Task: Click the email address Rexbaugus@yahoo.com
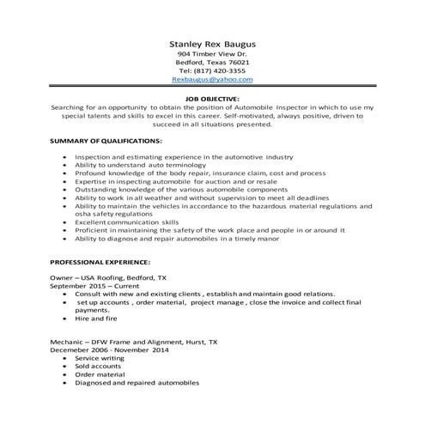click(212, 79)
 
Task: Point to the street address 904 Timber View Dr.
click(212, 54)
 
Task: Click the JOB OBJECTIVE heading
click(212, 99)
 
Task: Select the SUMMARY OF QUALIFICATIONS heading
click(106, 139)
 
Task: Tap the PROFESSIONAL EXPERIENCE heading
click(100, 260)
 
